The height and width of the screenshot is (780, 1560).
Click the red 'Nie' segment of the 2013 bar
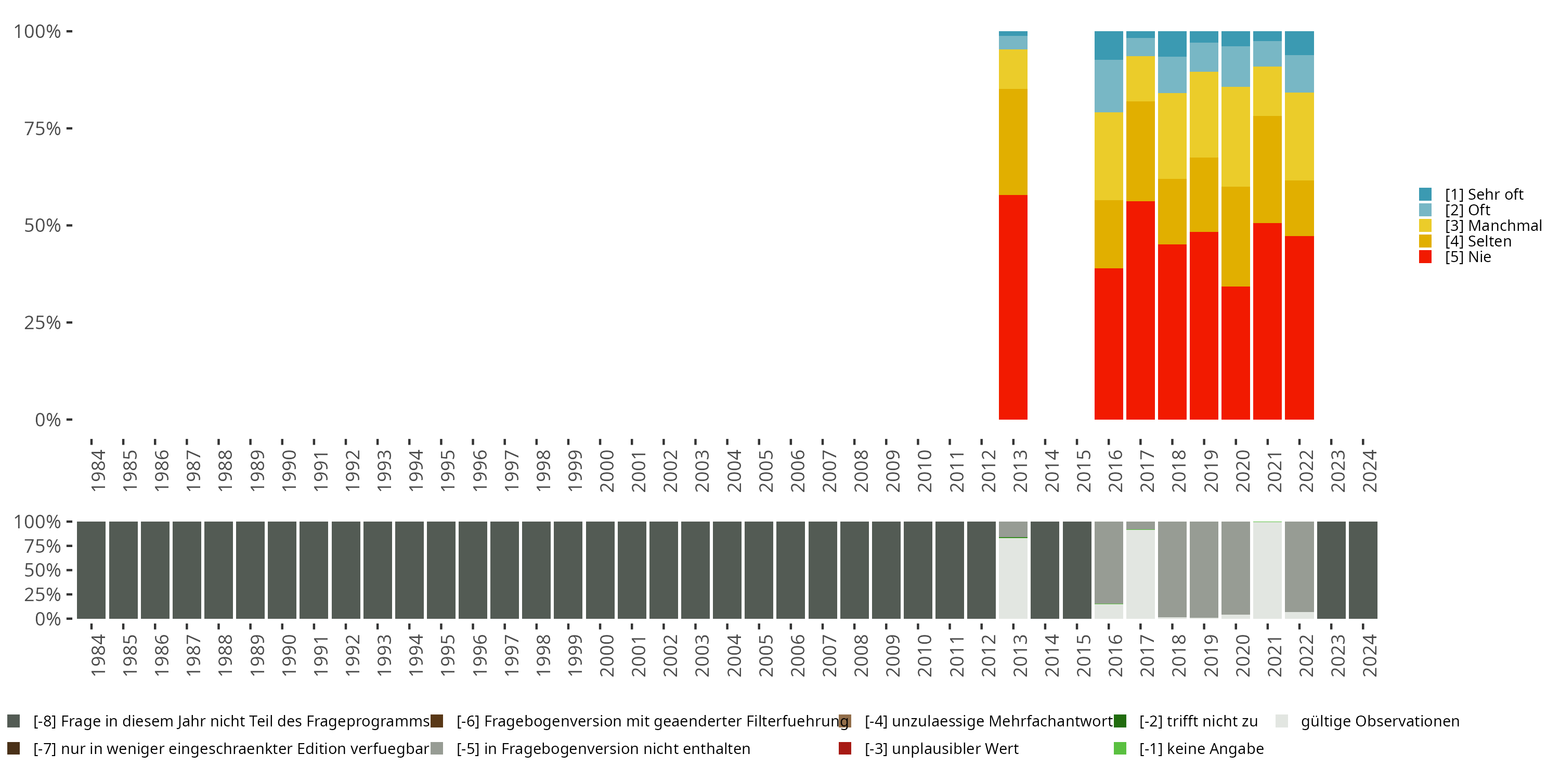(x=1012, y=307)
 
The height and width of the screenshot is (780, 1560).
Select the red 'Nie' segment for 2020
(x=1236, y=353)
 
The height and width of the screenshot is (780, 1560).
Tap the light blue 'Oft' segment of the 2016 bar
(x=1108, y=86)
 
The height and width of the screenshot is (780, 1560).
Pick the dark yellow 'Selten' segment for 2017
(x=1140, y=151)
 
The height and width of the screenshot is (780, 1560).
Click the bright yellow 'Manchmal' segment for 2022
(x=1299, y=136)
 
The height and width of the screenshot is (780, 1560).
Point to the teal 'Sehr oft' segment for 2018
(x=1172, y=44)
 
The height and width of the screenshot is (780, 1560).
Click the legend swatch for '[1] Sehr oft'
(x=1425, y=194)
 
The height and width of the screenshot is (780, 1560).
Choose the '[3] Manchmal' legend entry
(x=1493, y=226)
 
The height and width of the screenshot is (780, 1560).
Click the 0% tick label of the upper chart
(x=48, y=420)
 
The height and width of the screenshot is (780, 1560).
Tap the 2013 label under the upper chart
(x=1020, y=471)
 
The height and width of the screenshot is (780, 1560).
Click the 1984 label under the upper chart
(x=98, y=471)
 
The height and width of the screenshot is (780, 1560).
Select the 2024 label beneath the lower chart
(x=1369, y=655)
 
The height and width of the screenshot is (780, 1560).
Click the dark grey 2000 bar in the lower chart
(x=600, y=570)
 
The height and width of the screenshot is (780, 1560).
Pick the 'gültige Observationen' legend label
(x=1380, y=721)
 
